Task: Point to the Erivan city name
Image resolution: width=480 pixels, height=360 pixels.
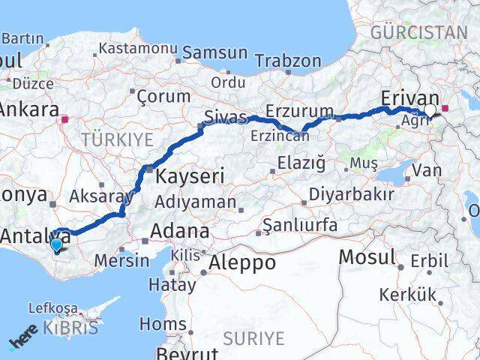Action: (409, 98)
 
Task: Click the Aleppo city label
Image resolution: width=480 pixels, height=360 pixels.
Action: (242, 263)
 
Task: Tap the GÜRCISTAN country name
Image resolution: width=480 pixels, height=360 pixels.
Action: (418, 32)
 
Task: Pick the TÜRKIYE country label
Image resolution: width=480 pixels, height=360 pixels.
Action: (117, 139)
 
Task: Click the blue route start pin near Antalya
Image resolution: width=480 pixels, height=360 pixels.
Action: (56, 244)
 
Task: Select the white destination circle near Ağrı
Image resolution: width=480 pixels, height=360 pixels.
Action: (430, 112)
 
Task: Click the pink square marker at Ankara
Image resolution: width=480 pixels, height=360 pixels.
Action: (66, 118)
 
